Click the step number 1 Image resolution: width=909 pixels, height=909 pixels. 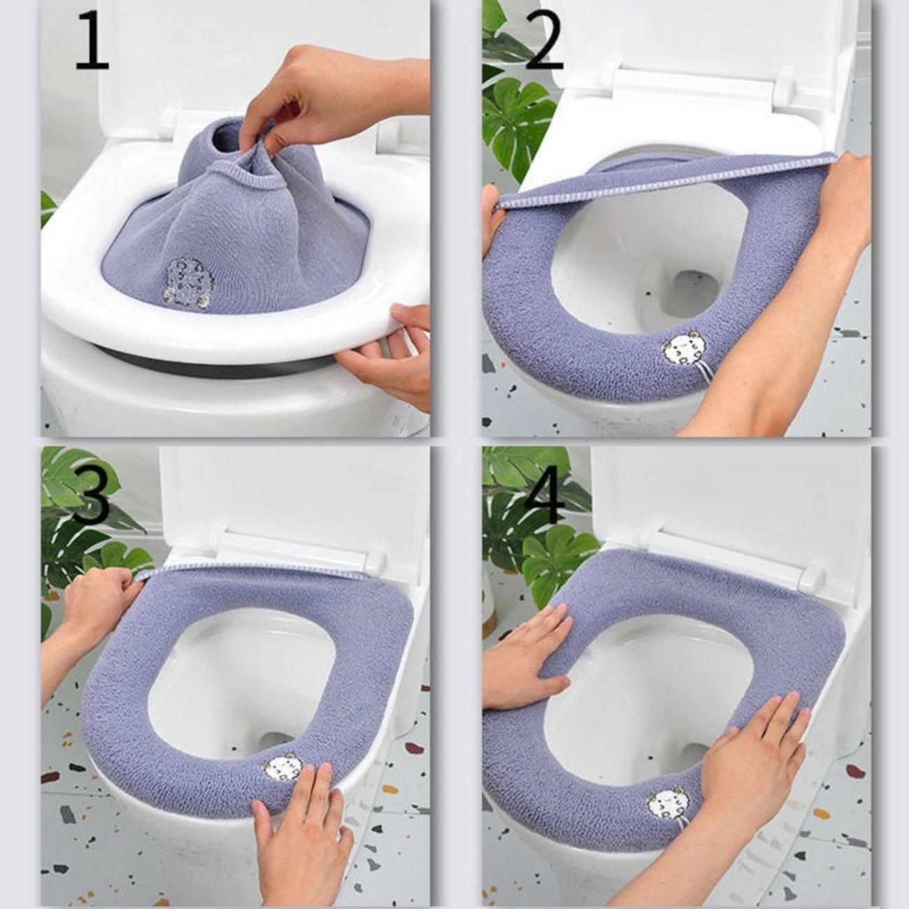click(93, 41)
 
